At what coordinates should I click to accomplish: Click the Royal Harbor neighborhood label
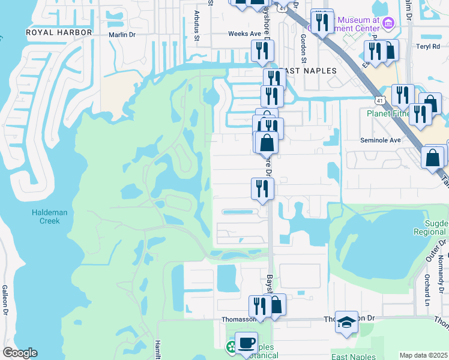[x=58, y=32]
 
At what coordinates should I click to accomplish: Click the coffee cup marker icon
[x=246, y=343]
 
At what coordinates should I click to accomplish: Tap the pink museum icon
[x=388, y=24]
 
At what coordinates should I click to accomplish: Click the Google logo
[x=20, y=353]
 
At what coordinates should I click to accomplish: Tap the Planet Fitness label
[x=389, y=113]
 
